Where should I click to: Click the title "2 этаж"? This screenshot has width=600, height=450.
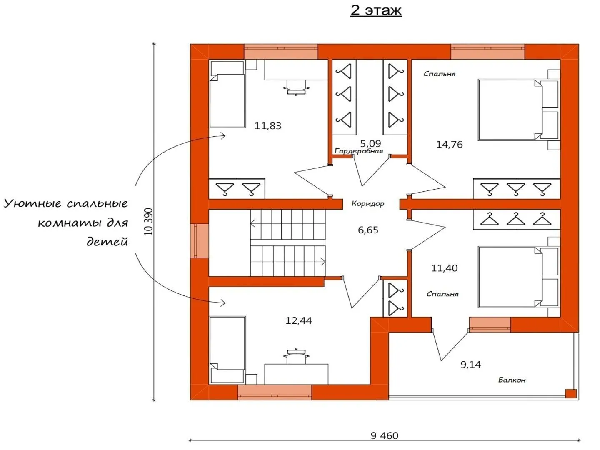point(376,10)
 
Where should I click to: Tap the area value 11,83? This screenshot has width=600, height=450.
point(268,125)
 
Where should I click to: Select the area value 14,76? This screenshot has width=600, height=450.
point(449,145)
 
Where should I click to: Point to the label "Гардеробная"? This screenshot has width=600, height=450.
point(359,151)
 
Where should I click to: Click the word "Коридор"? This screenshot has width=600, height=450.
point(367,204)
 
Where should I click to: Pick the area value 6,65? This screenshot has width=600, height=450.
point(368,230)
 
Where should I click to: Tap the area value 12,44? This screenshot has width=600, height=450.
point(298,320)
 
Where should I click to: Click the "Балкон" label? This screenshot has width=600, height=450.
point(512,380)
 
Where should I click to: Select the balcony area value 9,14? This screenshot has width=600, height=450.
point(470,365)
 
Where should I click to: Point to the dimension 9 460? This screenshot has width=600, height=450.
point(384,435)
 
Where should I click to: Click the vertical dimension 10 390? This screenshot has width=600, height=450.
point(149,222)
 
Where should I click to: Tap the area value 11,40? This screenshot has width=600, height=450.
point(444,268)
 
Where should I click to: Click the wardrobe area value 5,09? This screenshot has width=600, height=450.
point(370,143)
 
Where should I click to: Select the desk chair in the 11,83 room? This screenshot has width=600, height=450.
point(296,87)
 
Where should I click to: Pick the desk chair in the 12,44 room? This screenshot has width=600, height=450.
point(296,356)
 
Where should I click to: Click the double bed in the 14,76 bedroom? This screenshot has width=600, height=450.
point(510,110)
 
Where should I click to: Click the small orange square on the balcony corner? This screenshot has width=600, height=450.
point(570,393)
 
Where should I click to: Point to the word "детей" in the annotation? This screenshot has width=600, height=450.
point(107,241)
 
